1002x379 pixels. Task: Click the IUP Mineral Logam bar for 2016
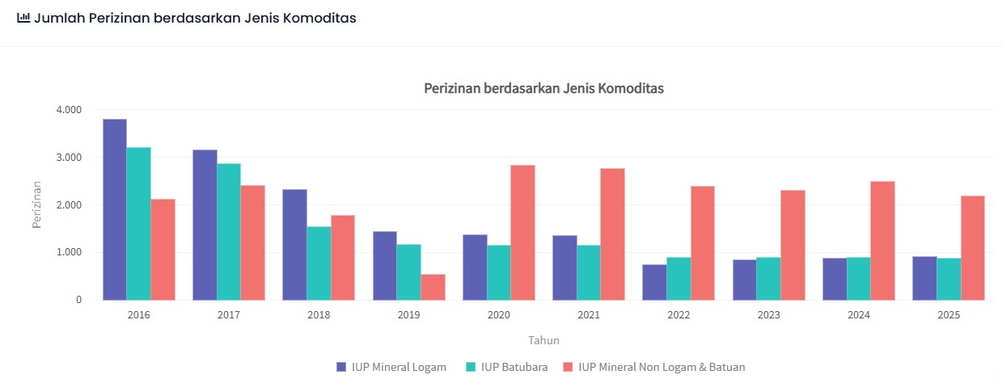pyautogui.click(x=115, y=209)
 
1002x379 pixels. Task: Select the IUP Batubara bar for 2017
pyautogui.click(x=229, y=232)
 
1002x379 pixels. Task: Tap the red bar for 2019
pyautogui.click(x=433, y=287)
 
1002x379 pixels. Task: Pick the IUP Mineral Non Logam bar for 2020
pyautogui.click(x=522, y=233)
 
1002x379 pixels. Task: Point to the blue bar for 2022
pyautogui.click(x=654, y=282)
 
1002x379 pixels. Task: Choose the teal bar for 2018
pyautogui.click(x=319, y=263)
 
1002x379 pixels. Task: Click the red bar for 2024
pyautogui.click(x=882, y=241)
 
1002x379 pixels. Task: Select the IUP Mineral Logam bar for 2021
pyautogui.click(x=564, y=267)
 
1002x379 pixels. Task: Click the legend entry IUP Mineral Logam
pyautogui.click(x=391, y=367)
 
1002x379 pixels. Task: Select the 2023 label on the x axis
pyautogui.click(x=768, y=315)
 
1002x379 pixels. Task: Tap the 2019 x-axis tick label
pyautogui.click(x=408, y=315)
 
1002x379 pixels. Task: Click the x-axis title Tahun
pyautogui.click(x=543, y=340)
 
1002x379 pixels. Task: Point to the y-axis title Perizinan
pyautogui.click(x=36, y=204)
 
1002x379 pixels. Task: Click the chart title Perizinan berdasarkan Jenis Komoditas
pyautogui.click(x=543, y=88)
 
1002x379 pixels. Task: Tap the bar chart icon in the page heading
pyautogui.click(x=23, y=17)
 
